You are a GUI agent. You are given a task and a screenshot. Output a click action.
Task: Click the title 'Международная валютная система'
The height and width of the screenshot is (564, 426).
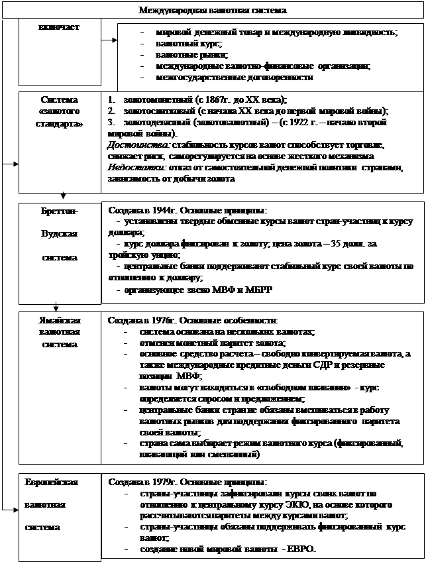213,10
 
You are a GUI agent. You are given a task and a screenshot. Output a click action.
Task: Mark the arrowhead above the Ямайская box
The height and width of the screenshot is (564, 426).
56,306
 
